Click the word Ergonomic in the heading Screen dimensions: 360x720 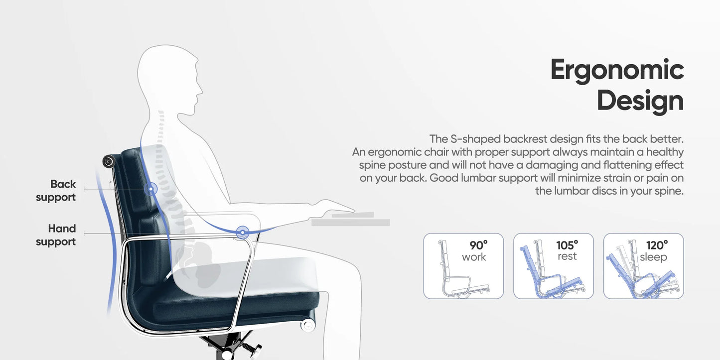[x=617, y=70]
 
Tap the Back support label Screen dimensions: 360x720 [x=56, y=191]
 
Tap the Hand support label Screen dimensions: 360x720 [x=56, y=235]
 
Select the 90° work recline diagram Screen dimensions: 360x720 [x=463, y=266]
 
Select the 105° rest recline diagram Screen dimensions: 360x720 [x=554, y=266]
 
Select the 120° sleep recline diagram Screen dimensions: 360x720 [x=643, y=266]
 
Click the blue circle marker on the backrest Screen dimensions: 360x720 [x=150, y=189]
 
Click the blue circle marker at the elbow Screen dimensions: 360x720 [x=243, y=232]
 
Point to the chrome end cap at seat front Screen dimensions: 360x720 [x=307, y=325]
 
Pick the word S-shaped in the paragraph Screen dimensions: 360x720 [x=472, y=138]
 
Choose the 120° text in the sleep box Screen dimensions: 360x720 [x=657, y=245]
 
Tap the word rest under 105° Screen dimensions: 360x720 [x=567, y=257]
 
